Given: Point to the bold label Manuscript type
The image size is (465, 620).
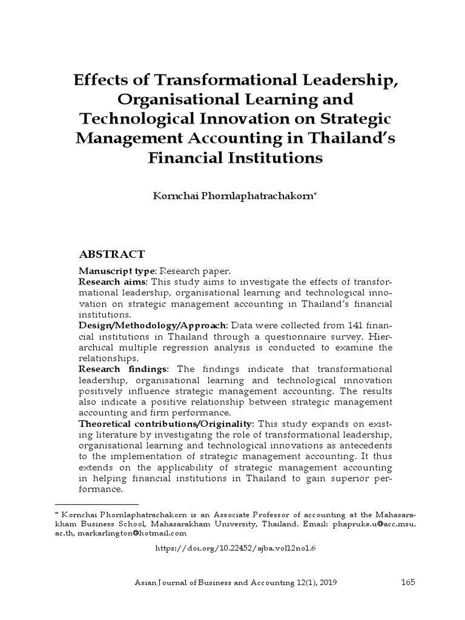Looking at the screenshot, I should tap(117, 271).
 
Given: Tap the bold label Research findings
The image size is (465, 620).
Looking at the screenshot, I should tap(119, 369).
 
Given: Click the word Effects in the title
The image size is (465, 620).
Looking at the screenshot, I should tap(103, 81).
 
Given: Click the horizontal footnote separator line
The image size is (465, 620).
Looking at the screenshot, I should tap(96, 504).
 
